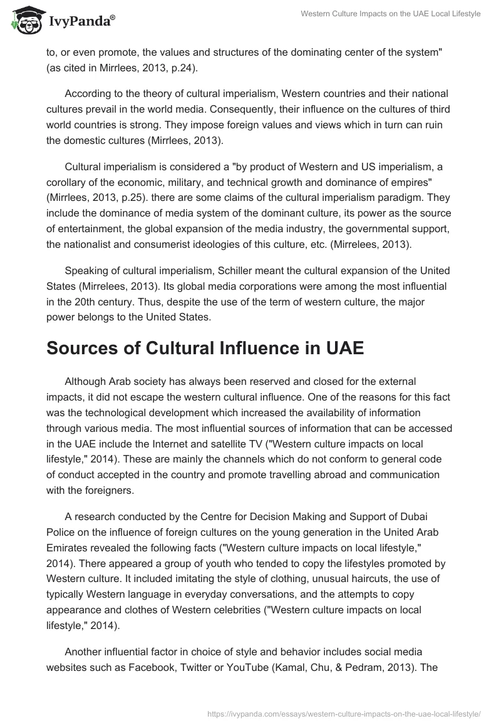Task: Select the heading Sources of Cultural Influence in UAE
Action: [x=205, y=348]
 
